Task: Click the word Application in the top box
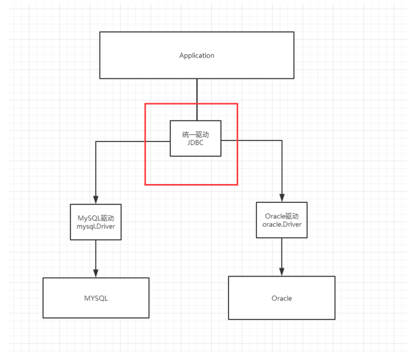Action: pyautogui.click(x=197, y=56)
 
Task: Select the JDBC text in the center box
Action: pyautogui.click(x=196, y=143)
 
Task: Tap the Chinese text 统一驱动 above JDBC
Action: pyautogui.click(x=196, y=135)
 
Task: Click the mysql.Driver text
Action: pyautogui.click(x=96, y=227)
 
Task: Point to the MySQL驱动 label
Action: pyautogui.click(x=96, y=218)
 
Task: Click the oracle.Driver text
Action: pyautogui.click(x=282, y=224)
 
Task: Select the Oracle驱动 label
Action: pyautogui.click(x=282, y=216)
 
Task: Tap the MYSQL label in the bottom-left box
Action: pyautogui.click(x=96, y=298)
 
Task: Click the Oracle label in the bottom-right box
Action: pyautogui.click(x=282, y=298)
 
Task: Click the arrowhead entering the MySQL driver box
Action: pyautogui.click(x=96, y=200)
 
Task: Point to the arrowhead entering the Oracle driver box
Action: pyautogui.click(x=282, y=198)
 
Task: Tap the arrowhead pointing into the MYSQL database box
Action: pyautogui.click(x=96, y=273)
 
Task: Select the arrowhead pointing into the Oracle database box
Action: pyautogui.click(x=282, y=272)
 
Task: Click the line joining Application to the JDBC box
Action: pyautogui.click(x=197, y=100)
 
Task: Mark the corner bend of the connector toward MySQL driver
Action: pyautogui.click(x=96, y=142)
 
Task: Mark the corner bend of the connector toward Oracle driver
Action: pyautogui.click(x=282, y=141)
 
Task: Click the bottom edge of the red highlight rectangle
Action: pyautogui.click(x=191, y=185)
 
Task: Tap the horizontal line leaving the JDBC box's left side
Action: pyautogui.click(x=133, y=142)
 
